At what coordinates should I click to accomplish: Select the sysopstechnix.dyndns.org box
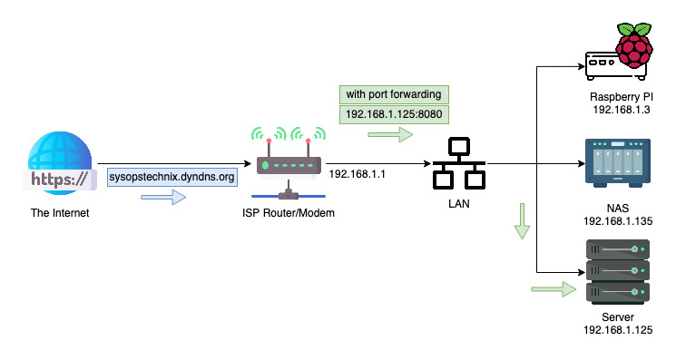(x=172, y=177)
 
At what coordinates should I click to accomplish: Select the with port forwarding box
(x=394, y=95)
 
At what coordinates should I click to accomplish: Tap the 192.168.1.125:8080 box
(x=394, y=115)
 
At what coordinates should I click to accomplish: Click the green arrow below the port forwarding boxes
(x=388, y=135)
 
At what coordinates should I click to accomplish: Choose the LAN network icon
(x=458, y=163)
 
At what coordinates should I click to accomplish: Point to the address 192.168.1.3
(x=620, y=110)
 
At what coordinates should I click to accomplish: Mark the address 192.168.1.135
(x=620, y=220)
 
